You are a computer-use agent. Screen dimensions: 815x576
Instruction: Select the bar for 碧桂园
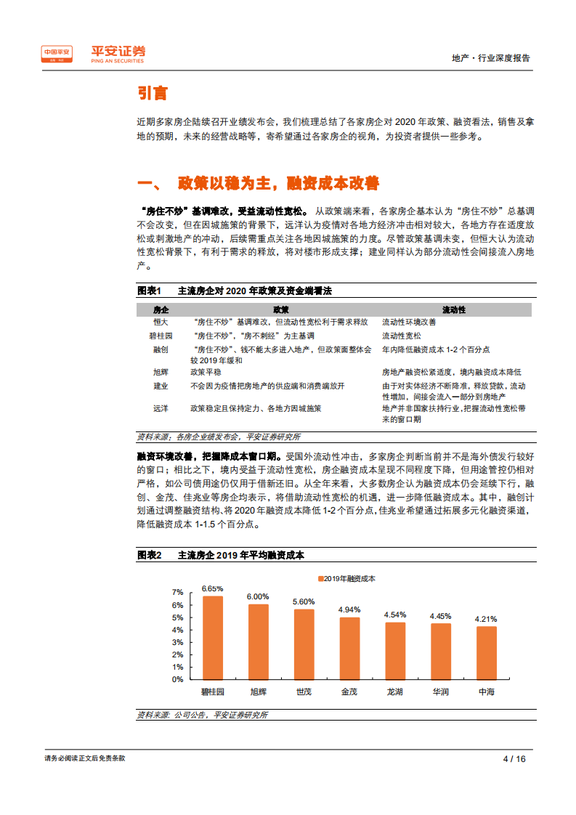(x=212, y=638)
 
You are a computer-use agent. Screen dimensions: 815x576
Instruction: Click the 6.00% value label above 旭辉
(x=258, y=596)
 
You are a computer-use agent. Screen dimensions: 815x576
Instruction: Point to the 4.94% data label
(x=349, y=609)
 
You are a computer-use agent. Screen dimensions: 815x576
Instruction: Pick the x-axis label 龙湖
(x=395, y=692)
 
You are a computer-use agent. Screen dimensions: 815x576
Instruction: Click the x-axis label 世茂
(x=304, y=692)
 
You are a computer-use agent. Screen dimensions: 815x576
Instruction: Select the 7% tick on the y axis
(x=177, y=593)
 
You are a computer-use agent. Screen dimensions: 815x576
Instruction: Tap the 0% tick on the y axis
(x=177, y=680)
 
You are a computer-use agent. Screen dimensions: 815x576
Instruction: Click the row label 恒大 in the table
(x=161, y=321)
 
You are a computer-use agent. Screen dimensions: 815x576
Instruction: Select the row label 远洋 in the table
(x=161, y=409)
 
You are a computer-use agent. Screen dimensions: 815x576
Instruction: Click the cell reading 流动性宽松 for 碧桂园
(x=402, y=336)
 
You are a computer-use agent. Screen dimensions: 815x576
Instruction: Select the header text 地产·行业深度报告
(x=491, y=58)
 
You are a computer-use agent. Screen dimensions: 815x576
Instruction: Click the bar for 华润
(x=440, y=652)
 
